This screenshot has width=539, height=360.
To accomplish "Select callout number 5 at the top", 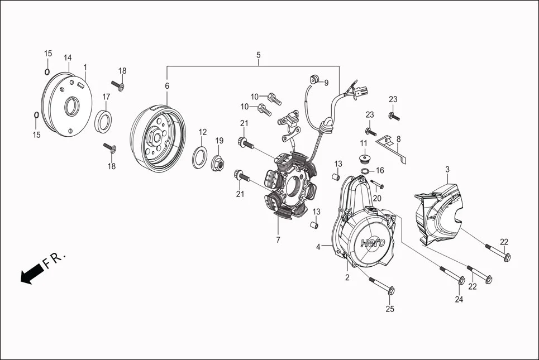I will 258,55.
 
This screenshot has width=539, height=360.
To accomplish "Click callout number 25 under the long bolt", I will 390,309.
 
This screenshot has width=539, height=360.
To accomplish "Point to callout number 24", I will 459,300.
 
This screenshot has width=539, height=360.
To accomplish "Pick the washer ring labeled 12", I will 199,158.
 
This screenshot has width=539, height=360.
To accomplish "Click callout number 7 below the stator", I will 278,240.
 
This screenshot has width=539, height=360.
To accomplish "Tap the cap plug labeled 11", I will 364,155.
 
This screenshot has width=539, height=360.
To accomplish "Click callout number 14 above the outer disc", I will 68,57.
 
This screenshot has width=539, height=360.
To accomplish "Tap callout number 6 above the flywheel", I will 166,86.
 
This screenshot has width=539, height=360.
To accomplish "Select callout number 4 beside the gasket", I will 318,246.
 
